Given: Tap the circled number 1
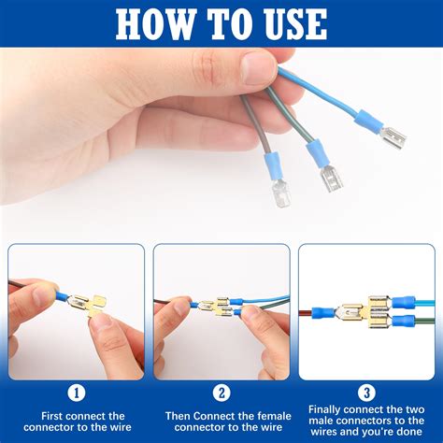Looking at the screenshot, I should [76, 393].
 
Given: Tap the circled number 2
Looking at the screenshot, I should [221, 393].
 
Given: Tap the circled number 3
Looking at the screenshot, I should [366, 393].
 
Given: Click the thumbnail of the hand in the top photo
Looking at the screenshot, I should [259, 68].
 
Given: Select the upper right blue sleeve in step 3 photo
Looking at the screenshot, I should [402, 303].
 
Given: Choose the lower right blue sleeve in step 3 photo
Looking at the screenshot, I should [402, 322].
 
